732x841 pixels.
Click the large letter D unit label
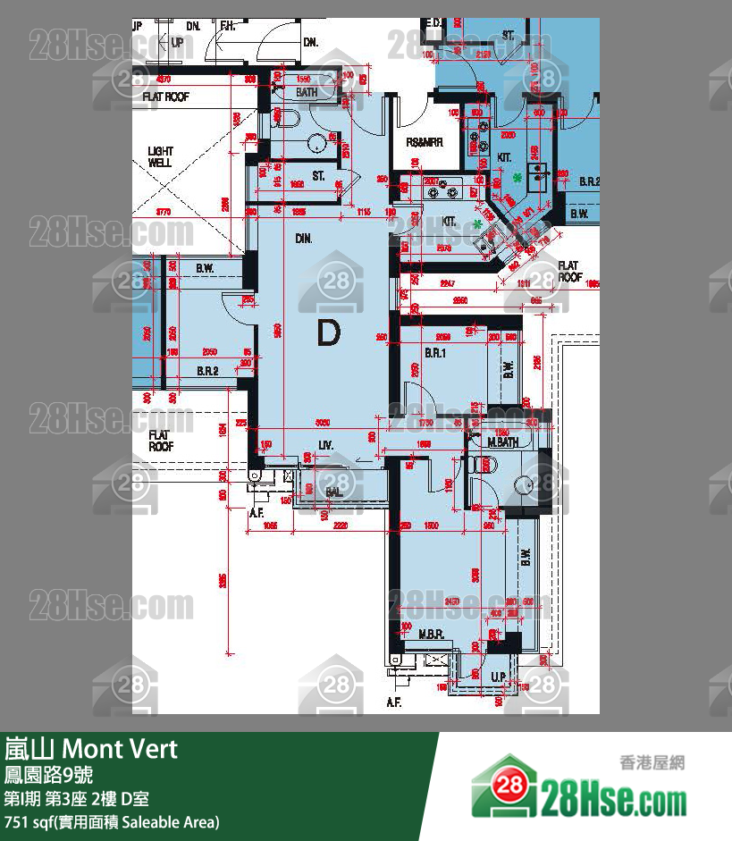coord(329,333)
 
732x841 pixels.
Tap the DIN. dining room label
coord(303,239)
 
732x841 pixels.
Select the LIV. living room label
coord(325,444)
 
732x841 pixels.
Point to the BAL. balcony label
coord(334,492)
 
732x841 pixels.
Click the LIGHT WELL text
coord(161,157)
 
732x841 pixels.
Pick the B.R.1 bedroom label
coord(435,354)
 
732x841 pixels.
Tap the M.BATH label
coord(503,442)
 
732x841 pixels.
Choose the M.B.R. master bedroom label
coord(432,634)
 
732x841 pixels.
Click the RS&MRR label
coord(423,143)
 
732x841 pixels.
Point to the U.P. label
coord(499,677)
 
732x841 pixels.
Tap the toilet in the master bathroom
coord(484,461)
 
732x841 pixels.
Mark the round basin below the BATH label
coord(316,143)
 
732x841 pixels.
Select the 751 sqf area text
coord(112,821)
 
